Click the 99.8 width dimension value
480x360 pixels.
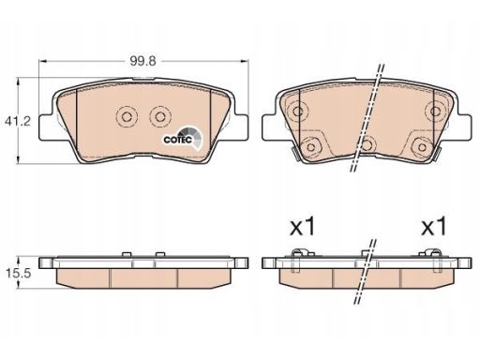pos(142,61)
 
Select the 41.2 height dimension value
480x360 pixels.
pos(18,121)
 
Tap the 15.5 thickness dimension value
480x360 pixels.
pos(19,273)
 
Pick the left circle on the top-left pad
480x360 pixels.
pos(127,117)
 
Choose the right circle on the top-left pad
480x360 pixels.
pos(160,117)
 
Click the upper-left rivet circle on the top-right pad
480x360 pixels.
pos(297,111)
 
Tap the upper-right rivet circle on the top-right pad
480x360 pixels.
pos(435,111)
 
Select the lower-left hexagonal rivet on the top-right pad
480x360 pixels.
pos(311,146)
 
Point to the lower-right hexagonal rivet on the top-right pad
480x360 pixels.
pos(422,146)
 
